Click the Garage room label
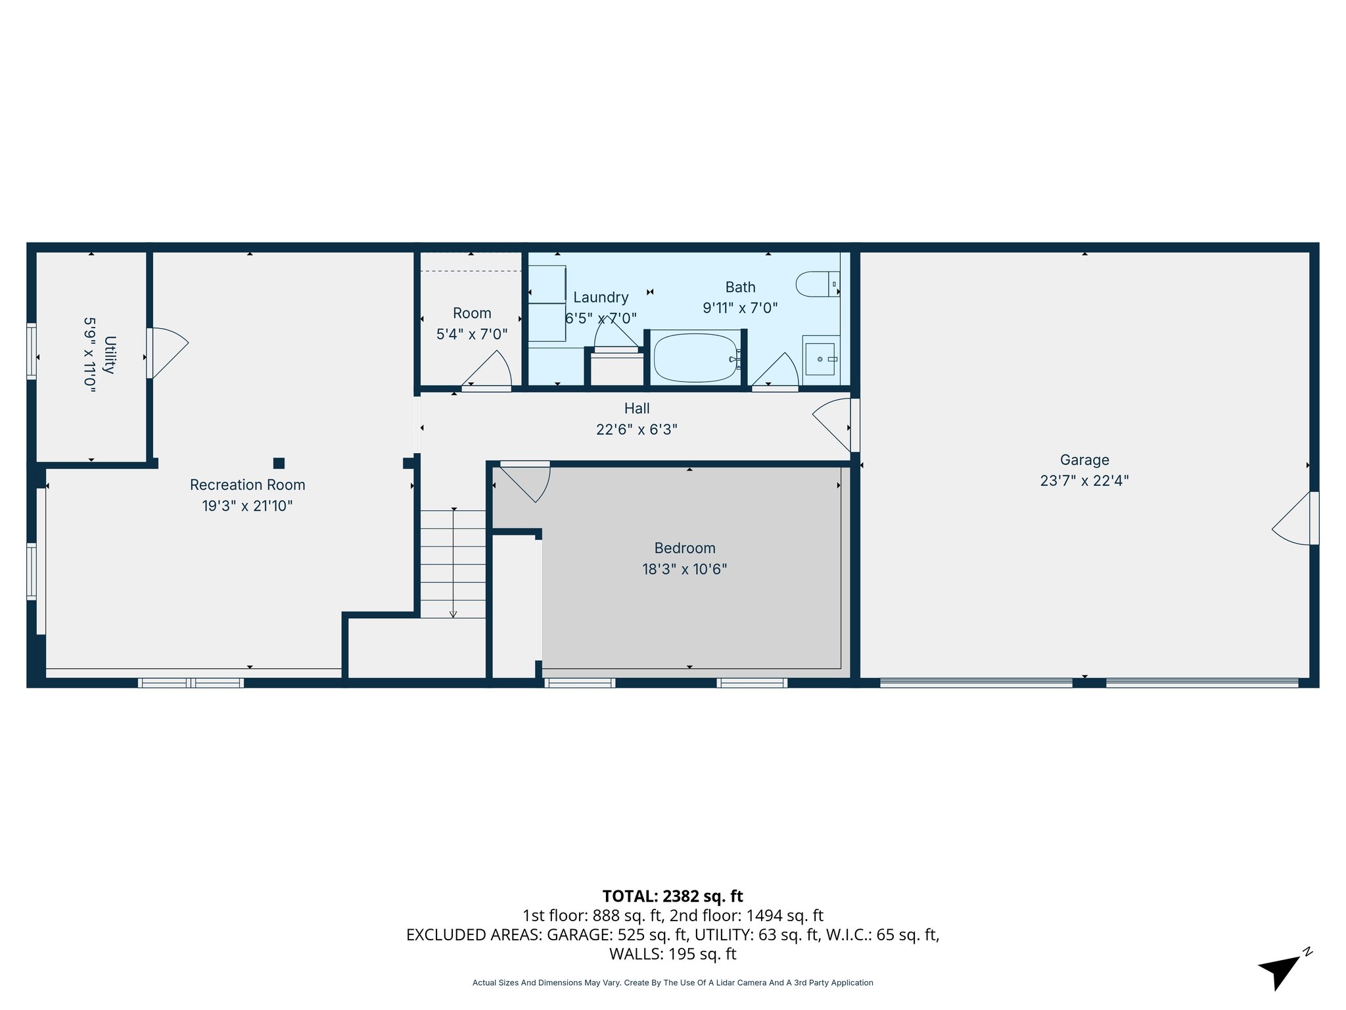pos(1084,460)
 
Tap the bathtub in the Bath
pos(695,358)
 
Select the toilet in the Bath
pos(814,284)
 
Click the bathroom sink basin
pos(820,359)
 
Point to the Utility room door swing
pos(168,352)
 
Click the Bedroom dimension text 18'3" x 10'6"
pos(684,569)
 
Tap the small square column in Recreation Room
pos(279,463)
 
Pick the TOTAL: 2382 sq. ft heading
pos(672,896)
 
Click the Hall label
pos(636,408)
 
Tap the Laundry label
pos(601,297)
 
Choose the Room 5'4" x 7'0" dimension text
pos(472,334)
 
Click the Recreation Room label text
pos(247,485)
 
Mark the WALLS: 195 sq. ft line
pos(672,953)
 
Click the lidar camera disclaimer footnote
pos(672,982)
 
